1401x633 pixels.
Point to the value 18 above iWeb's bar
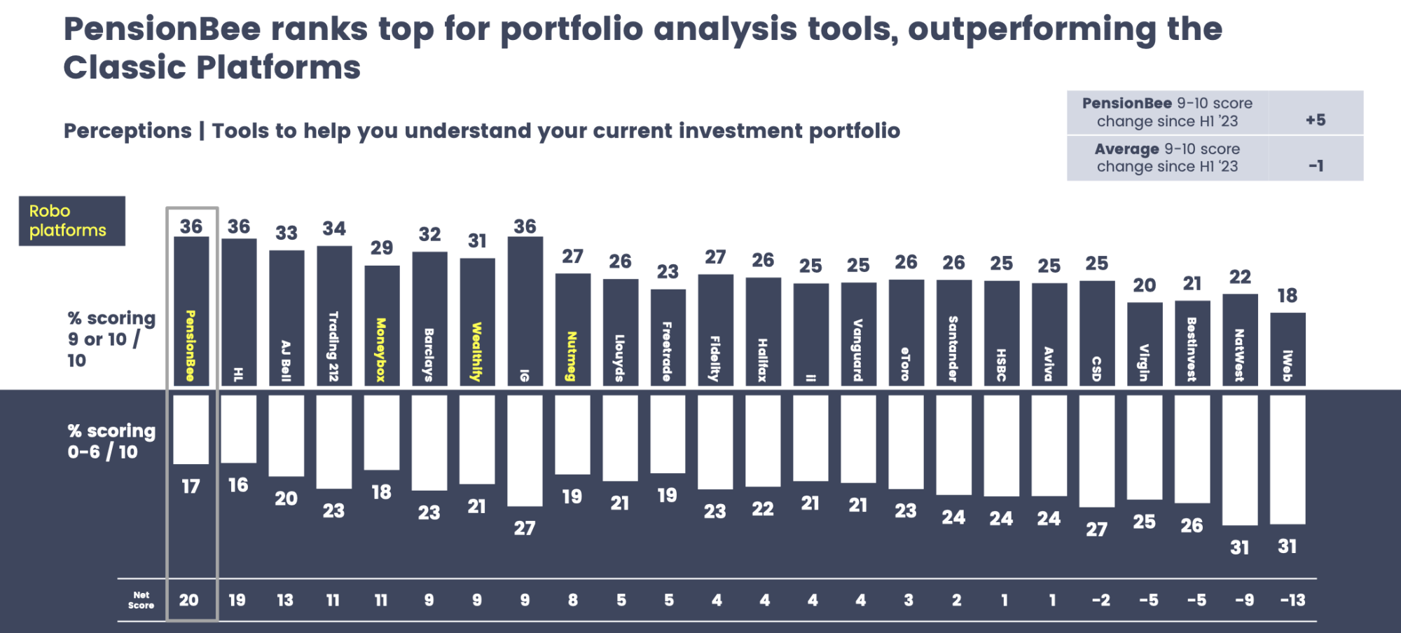point(1288,296)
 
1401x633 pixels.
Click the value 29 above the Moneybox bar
point(382,247)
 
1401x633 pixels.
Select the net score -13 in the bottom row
point(1292,600)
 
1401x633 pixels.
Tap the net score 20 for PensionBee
point(189,600)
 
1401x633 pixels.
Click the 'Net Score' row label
point(141,600)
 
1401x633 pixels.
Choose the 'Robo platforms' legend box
point(71,221)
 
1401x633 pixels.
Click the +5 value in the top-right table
point(1316,120)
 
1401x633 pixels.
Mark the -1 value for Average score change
point(1316,166)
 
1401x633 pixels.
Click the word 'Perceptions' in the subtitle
point(127,131)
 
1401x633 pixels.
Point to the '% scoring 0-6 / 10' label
point(111,441)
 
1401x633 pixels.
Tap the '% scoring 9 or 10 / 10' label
point(111,339)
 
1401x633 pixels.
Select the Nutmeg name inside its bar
point(572,356)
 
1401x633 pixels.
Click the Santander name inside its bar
point(953,348)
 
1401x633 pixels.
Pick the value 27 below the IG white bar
point(525,528)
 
